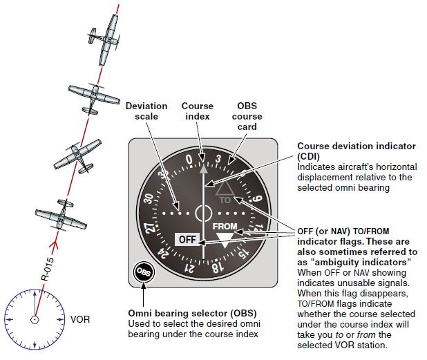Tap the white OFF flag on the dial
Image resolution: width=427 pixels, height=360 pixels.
(x=187, y=239)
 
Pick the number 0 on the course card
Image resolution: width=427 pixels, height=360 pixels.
(x=189, y=160)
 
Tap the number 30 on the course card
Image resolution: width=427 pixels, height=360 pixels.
(x=148, y=198)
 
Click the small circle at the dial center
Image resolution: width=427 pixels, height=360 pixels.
(x=203, y=213)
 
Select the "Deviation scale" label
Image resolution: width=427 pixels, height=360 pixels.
(x=146, y=111)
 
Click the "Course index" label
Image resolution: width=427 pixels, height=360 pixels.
(x=198, y=111)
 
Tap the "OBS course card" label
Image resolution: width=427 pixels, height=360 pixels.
(x=247, y=116)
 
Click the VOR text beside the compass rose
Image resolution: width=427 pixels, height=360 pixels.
(x=80, y=321)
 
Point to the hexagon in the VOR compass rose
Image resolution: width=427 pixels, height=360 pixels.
(x=34, y=319)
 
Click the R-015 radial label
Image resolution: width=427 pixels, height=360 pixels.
(x=46, y=267)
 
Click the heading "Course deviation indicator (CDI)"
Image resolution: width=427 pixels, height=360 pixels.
(x=357, y=151)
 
